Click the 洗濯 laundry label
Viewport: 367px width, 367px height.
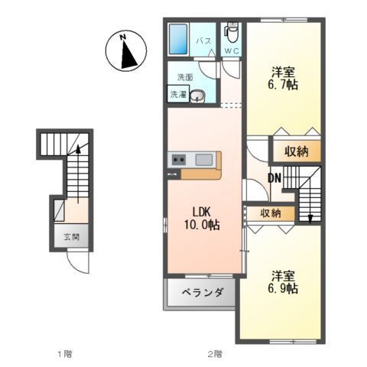click(177, 95)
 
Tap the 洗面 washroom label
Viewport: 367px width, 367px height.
click(185, 77)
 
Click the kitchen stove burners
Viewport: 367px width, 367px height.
click(179, 160)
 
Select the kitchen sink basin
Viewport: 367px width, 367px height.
click(203, 159)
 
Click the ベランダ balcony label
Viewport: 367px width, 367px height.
click(202, 292)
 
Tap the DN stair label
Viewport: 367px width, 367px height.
click(274, 178)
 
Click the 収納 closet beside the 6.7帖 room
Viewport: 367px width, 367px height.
click(297, 151)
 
